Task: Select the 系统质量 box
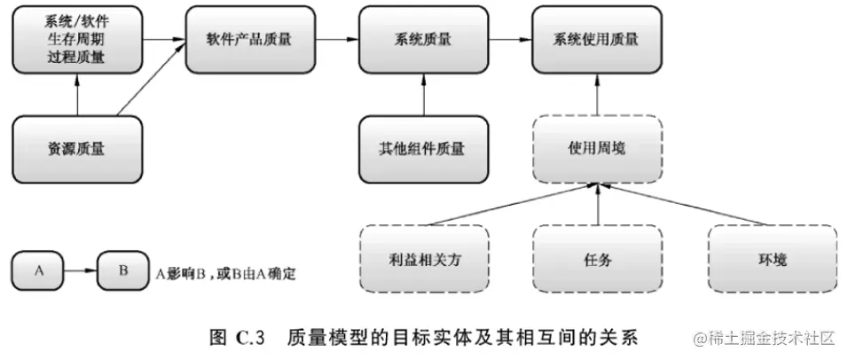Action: point(423,40)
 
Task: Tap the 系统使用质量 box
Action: point(596,40)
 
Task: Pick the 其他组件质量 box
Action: point(423,148)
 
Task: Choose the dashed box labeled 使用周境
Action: point(596,148)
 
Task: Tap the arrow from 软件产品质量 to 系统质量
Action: point(334,40)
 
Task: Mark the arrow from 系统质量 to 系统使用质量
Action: point(508,40)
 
